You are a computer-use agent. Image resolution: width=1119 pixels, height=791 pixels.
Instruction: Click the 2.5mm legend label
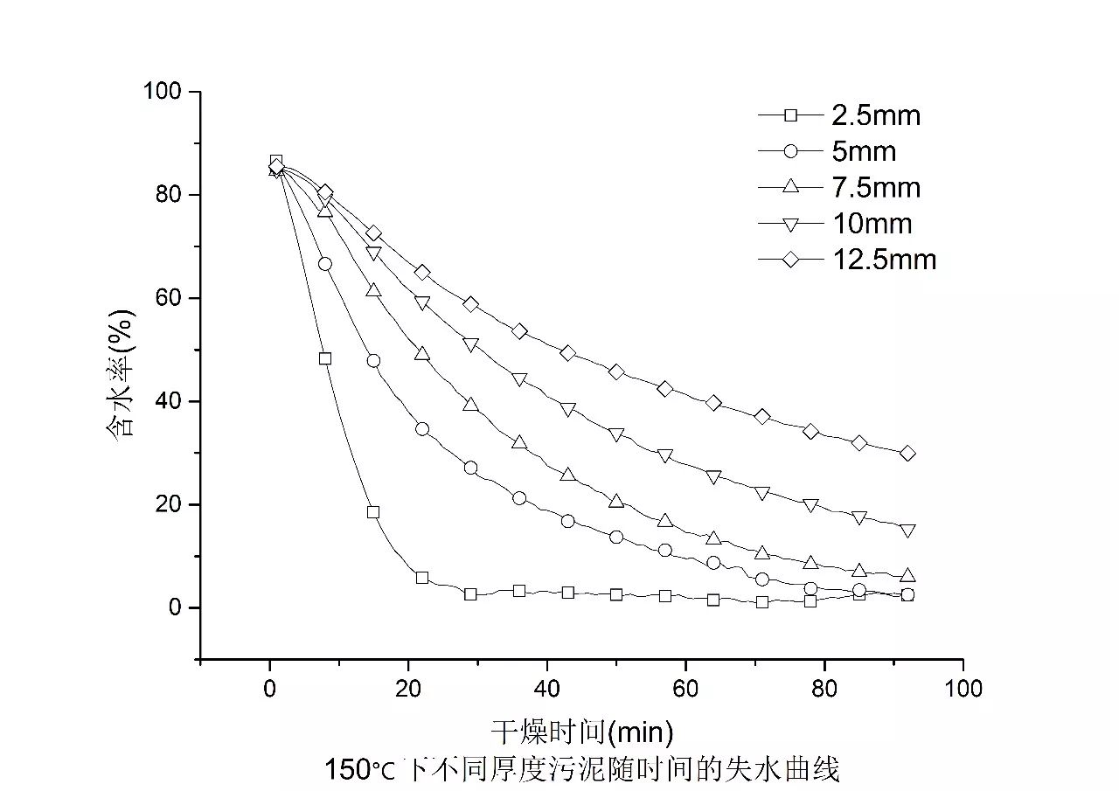(875, 114)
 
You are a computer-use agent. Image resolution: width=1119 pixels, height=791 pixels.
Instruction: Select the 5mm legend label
(863, 151)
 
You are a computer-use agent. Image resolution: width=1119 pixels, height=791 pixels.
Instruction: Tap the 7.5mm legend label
(875, 187)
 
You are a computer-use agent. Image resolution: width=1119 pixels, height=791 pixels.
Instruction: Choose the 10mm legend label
(871, 224)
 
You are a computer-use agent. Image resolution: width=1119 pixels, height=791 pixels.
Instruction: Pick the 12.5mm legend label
(883, 260)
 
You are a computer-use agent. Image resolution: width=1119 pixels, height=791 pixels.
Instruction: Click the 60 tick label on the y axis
(167, 298)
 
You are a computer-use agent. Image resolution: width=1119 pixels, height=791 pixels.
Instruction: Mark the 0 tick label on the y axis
(173, 607)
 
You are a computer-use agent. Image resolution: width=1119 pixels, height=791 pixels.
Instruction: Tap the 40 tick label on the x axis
(546, 689)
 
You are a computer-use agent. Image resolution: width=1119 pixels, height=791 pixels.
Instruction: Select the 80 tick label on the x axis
(824, 689)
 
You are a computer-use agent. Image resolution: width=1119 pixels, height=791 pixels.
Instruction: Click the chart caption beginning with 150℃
(581, 770)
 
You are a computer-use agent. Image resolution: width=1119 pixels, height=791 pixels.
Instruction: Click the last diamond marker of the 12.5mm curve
(907, 453)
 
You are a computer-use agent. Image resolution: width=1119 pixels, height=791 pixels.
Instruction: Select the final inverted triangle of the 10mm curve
(907, 531)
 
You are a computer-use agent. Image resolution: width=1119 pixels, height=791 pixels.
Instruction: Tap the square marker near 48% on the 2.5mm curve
(325, 358)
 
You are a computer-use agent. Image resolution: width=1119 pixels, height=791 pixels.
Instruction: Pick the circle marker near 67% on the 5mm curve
(325, 264)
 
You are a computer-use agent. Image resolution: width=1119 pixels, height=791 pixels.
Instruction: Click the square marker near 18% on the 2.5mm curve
(373, 512)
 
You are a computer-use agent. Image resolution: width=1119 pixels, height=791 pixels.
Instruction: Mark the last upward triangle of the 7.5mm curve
(907, 575)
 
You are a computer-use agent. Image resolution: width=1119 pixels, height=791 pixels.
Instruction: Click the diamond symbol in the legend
(790, 260)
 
